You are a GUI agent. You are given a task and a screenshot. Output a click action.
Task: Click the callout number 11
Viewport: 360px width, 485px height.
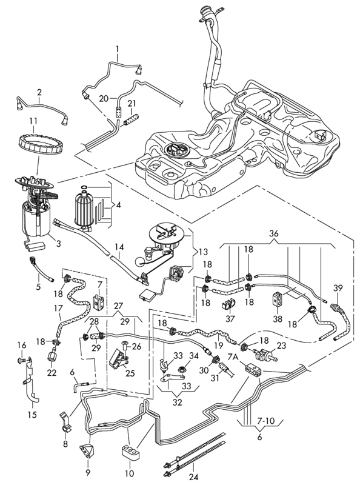pos(33,120)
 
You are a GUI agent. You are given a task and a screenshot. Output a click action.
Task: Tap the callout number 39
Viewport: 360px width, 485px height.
pos(338,288)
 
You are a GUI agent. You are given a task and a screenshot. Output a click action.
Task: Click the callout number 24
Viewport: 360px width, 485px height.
pos(193,477)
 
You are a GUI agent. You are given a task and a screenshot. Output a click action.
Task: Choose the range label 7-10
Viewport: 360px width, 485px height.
pos(265,421)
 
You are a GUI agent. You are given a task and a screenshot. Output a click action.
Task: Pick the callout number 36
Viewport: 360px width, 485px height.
pos(274,233)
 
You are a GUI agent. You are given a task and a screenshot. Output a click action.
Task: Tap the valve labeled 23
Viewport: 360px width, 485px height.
pos(265,353)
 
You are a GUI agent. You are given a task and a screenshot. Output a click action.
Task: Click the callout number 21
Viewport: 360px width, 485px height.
pos(132,104)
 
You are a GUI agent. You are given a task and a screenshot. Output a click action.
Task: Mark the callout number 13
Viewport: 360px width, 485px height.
pos(203,252)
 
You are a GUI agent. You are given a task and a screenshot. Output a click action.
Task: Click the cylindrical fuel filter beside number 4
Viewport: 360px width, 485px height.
pos(84,210)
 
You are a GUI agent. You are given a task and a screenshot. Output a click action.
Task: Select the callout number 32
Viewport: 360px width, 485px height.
pos(177,402)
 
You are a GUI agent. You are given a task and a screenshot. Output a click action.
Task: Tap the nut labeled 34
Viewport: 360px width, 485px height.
pos(181,370)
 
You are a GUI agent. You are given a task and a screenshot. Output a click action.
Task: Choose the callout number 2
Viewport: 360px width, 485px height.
pos(39,92)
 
